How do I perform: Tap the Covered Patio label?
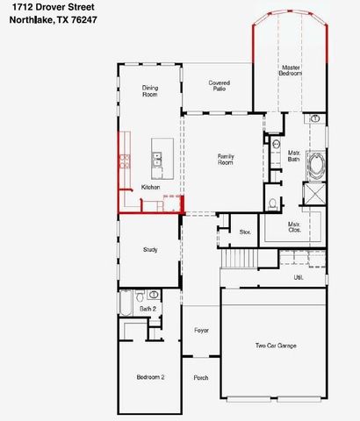[219, 86]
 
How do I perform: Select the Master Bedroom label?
[291, 70]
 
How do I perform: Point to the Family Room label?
[226, 159]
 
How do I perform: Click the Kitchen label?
[150, 188]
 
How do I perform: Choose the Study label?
[150, 250]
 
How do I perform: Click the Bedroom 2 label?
[149, 376]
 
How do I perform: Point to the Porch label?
[201, 377]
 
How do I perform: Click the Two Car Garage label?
[275, 346]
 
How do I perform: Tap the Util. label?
[298, 277]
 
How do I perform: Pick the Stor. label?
[245, 232]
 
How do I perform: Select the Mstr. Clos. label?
[295, 227]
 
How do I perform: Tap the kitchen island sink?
[157, 159]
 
